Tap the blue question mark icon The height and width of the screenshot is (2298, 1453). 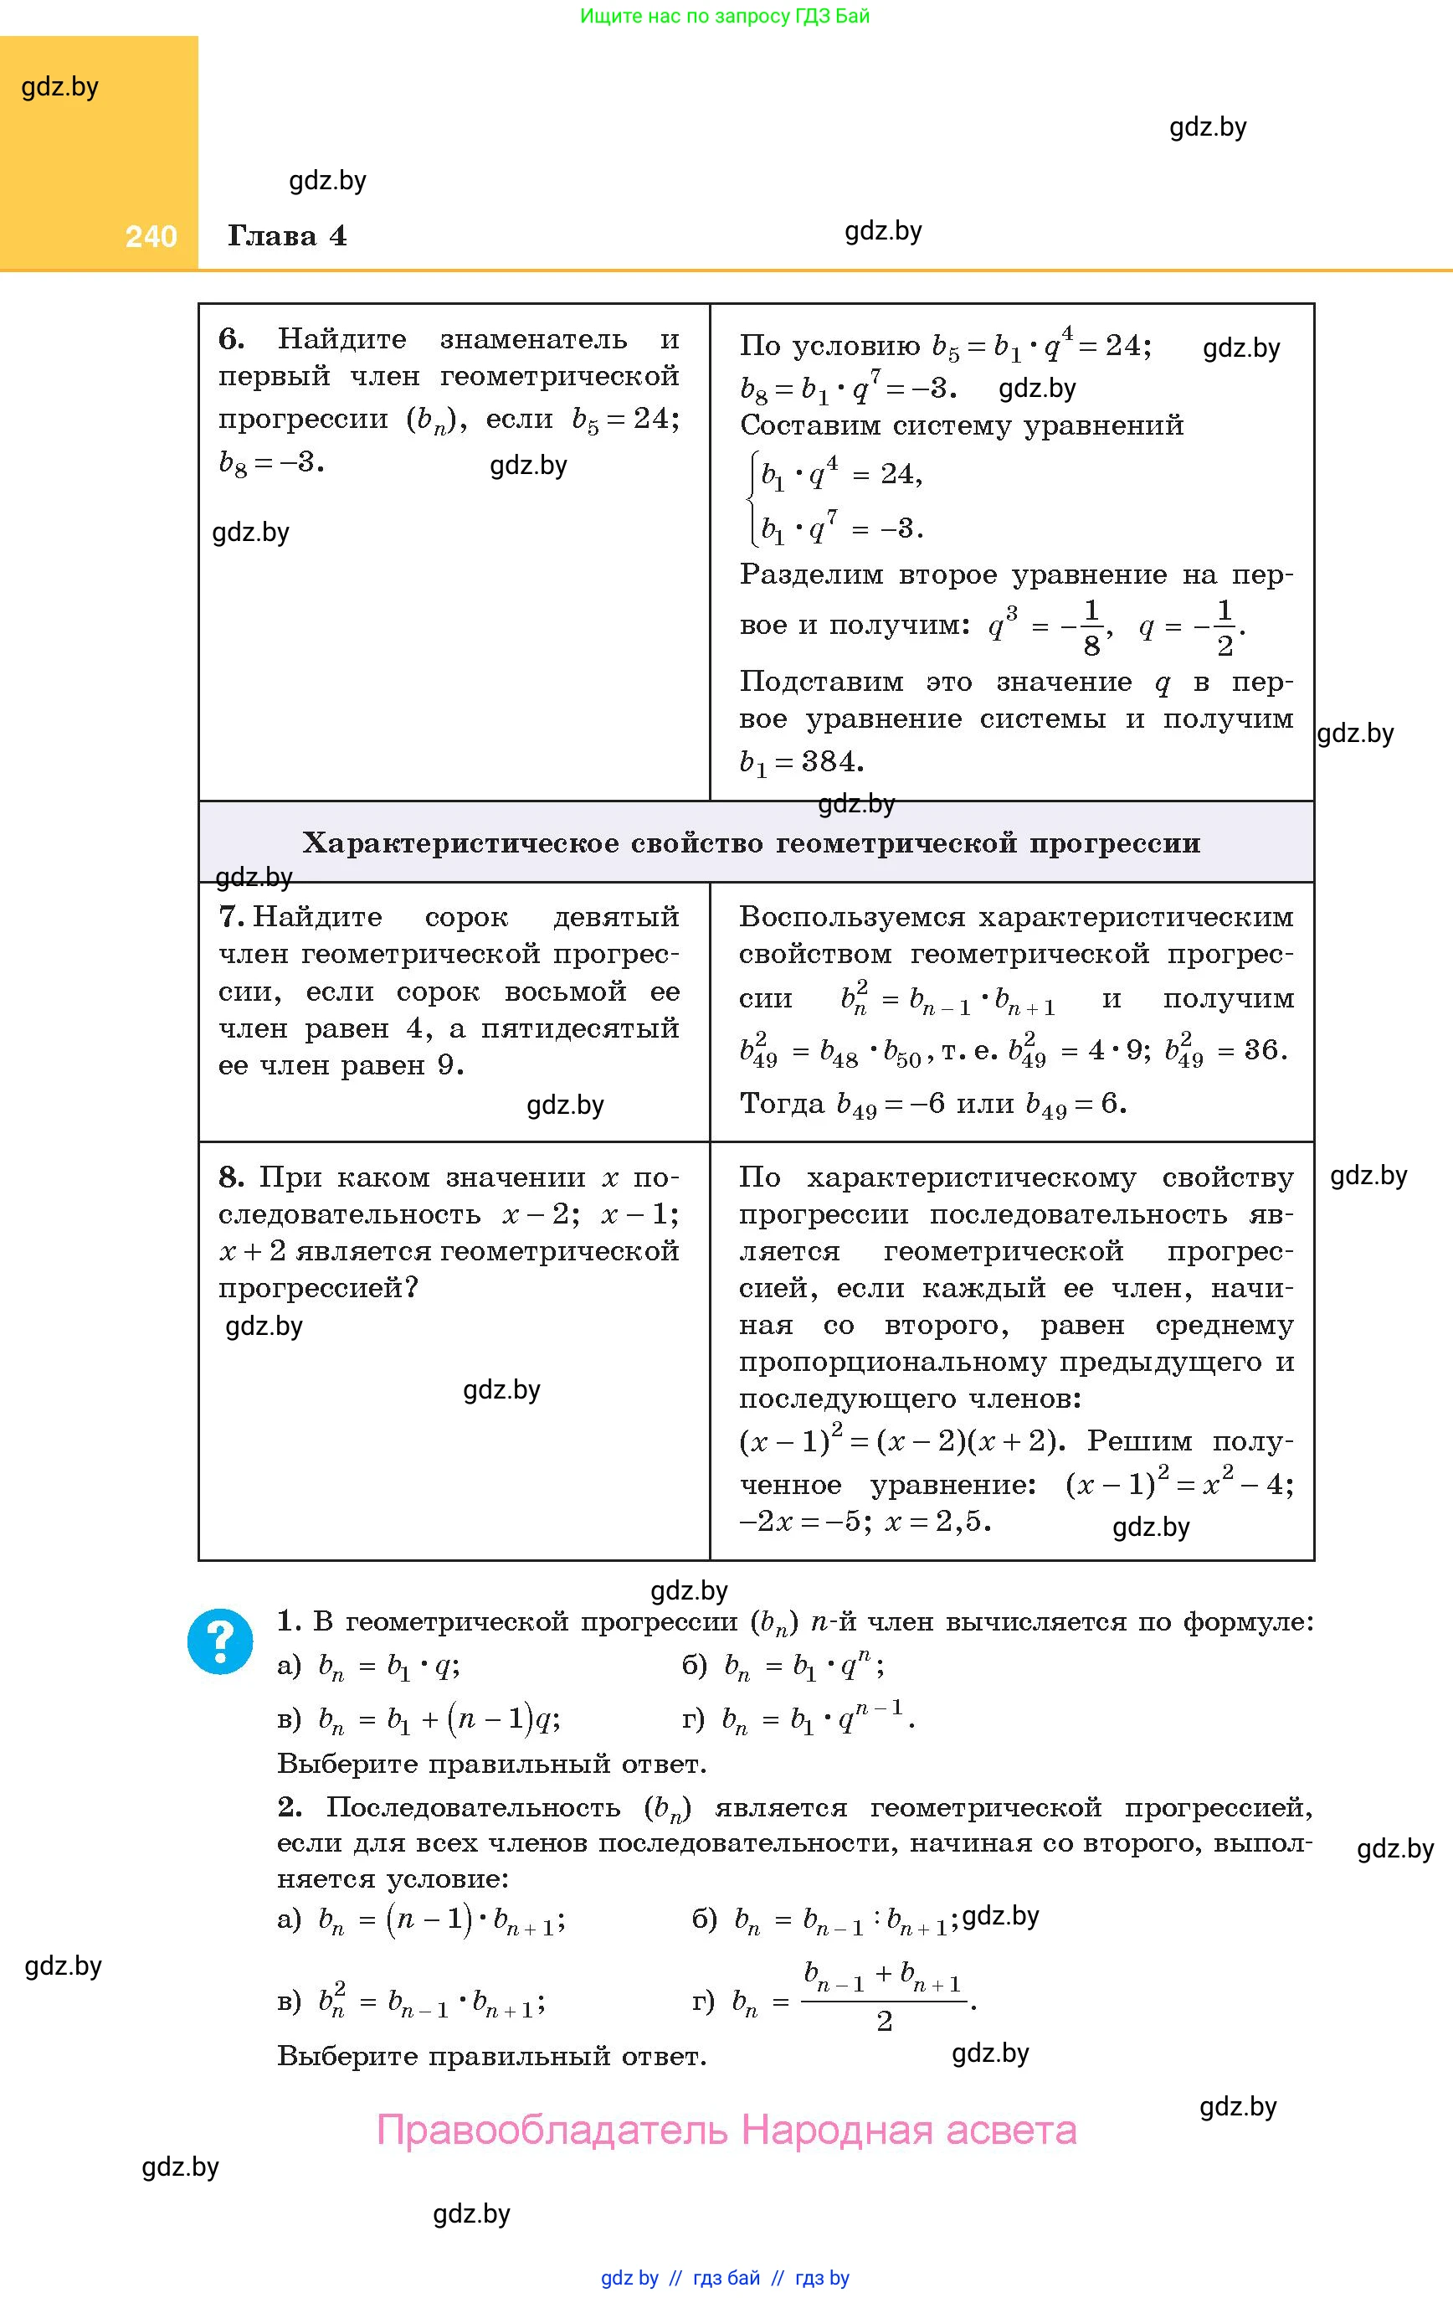[220, 1641]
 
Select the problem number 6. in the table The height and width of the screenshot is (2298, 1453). [231, 339]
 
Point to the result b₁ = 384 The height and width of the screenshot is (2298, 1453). [801, 762]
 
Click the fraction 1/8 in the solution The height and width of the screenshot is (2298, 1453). [1091, 627]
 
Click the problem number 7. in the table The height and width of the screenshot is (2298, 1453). [232, 917]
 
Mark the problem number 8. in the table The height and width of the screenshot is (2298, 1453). [231, 1177]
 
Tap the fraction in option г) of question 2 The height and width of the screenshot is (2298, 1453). [884, 1996]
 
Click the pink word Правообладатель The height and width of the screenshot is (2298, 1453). [552, 2130]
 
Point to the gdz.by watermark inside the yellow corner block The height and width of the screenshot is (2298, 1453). [60, 87]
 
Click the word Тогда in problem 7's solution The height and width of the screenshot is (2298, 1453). [782, 1104]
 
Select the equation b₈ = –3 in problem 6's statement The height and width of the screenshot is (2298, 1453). [271, 463]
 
